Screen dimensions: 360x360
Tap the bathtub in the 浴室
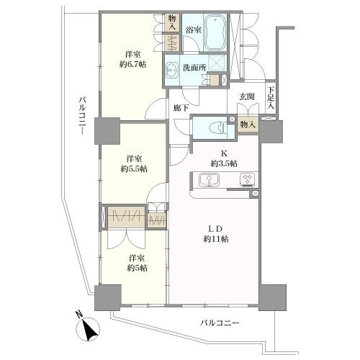pyautogui.click(x=215, y=32)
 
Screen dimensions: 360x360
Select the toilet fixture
pyautogui.click(x=217, y=127)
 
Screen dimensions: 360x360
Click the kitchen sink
pyautogui.click(x=209, y=180)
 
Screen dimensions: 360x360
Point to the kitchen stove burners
pyautogui.click(x=247, y=180)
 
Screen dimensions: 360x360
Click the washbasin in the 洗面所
pyautogui.click(x=171, y=71)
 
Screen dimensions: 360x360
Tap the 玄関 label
pyautogui.click(x=247, y=96)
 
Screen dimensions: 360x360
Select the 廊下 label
pyautogui.click(x=181, y=108)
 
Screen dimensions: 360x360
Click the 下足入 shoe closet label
pyautogui.click(x=271, y=97)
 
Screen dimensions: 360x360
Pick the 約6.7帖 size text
pyautogui.click(x=133, y=64)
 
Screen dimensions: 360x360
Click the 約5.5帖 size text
pyautogui.click(x=134, y=169)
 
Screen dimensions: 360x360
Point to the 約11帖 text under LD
pyautogui.click(x=216, y=239)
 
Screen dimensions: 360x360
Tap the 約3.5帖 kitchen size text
pyautogui.click(x=224, y=163)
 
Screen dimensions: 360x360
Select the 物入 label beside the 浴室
pyautogui.click(x=172, y=22)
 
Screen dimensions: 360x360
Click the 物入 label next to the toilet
pyautogui.click(x=248, y=125)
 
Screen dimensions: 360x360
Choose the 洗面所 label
pyautogui.click(x=194, y=68)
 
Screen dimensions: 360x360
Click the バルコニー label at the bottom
pyautogui.click(x=220, y=323)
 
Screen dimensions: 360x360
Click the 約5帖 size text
pyautogui.click(x=137, y=268)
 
